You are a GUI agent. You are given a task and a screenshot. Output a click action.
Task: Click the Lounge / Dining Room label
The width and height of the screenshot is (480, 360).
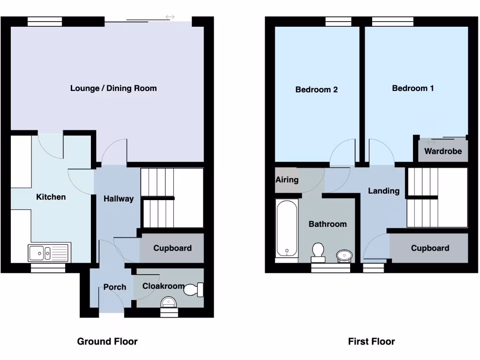(113, 88)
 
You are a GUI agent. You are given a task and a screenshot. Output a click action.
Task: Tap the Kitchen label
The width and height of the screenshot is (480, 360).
(51, 197)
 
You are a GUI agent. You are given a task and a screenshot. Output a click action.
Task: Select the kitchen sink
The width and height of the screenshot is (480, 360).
(49, 253)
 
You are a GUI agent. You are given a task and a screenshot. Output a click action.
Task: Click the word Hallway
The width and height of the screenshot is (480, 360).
(119, 199)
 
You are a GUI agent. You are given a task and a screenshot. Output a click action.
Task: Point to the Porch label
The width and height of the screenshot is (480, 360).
(115, 287)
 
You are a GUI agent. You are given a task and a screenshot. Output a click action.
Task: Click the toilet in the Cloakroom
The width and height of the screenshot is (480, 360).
(194, 290)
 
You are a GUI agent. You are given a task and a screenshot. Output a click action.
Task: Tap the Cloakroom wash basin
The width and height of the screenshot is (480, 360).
(169, 301)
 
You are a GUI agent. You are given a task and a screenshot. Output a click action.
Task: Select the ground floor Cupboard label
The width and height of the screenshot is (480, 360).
(172, 248)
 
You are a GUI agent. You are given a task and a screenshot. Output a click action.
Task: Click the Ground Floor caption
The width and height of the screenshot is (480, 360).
(107, 341)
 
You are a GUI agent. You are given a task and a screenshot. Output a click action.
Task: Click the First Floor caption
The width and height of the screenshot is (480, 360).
(371, 341)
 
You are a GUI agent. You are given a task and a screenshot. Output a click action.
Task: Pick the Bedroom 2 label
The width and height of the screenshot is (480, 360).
(316, 90)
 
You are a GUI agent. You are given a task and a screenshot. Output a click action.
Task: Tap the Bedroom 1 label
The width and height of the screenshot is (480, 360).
(413, 88)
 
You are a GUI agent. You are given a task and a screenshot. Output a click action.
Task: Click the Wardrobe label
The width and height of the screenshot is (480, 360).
(443, 151)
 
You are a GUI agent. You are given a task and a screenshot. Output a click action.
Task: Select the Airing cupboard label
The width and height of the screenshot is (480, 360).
(287, 180)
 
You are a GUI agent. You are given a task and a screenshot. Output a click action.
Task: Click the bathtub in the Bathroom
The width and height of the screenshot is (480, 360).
(286, 228)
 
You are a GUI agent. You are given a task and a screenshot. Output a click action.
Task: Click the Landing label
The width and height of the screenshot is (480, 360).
(384, 191)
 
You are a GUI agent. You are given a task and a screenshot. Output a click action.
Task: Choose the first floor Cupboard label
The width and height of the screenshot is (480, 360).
(430, 248)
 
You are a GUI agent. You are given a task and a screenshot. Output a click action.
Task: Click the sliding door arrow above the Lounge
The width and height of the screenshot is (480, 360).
(170, 17)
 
